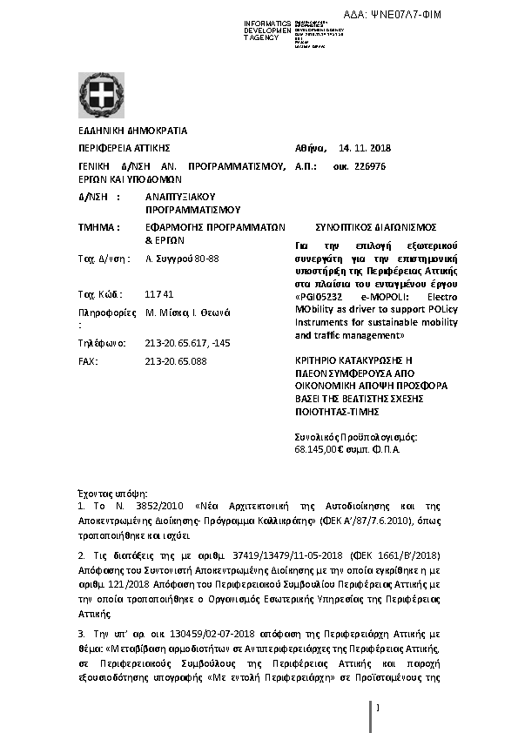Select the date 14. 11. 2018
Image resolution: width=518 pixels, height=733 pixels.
pos(366,148)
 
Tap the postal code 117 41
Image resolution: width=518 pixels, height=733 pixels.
pos(159,293)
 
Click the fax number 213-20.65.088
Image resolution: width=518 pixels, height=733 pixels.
pos(177,360)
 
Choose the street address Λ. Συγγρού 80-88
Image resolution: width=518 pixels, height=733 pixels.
pos(182,259)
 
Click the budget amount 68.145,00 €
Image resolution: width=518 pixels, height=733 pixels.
pos(324,450)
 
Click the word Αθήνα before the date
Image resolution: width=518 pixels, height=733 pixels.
pos(311,148)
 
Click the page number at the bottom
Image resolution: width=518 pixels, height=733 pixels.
pos(379,708)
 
